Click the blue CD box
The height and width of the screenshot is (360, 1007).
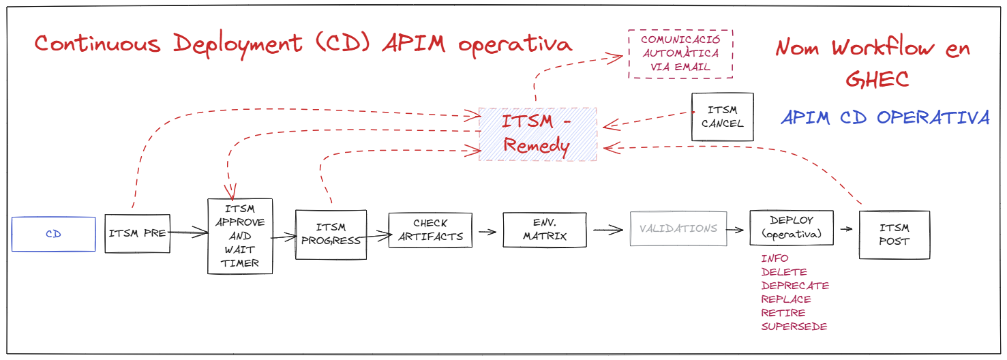(53, 234)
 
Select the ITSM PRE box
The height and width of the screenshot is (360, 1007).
(137, 233)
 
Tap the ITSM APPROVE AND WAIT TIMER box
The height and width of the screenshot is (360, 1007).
(240, 236)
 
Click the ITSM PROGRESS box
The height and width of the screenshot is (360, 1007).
(331, 234)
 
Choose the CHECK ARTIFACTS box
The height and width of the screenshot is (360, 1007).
(430, 230)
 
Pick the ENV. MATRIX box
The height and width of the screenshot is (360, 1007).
(545, 230)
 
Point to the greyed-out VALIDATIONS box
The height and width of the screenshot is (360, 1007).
(678, 228)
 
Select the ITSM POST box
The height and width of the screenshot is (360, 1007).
(894, 235)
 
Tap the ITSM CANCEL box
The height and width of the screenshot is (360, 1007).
(722, 117)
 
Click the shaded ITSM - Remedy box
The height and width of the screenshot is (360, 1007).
(537, 134)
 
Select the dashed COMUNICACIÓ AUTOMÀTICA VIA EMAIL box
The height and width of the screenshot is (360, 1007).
(680, 54)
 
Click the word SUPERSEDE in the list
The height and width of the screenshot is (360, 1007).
(794, 327)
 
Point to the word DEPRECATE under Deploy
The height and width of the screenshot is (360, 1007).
(795, 286)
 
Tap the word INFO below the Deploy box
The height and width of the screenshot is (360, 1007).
(775, 258)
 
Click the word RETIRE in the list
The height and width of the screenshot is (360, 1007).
(783, 313)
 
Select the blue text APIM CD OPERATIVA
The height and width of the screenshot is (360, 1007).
(884, 117)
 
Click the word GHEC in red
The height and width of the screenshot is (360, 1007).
(877, 79)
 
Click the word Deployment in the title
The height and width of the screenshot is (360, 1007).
(237, 44)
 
